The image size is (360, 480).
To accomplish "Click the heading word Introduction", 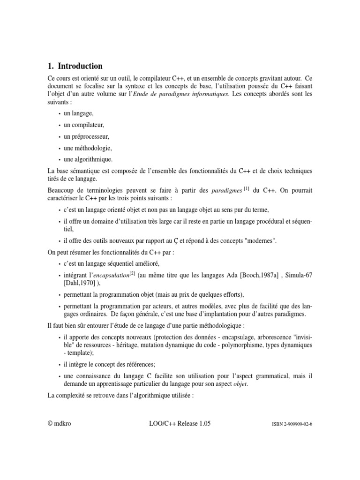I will (x=80, y=66).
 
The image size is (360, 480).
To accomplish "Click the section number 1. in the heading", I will (x=51, y=66).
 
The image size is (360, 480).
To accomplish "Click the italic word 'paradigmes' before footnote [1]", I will (x=227, y=191).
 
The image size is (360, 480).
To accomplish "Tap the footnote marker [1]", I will (x=246, y=188).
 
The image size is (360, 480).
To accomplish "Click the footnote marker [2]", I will (x=133, y=273).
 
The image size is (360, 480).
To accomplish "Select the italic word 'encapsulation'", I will (x=110, y=276).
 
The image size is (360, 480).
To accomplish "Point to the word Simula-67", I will (x=298, y=276).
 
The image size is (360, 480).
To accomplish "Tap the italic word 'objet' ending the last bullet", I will (x=240, y=384).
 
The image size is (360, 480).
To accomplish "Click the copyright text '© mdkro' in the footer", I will (x=60, y=423).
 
